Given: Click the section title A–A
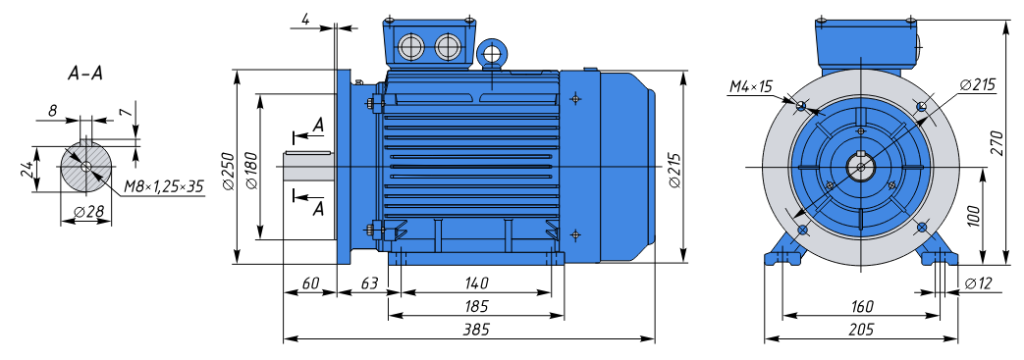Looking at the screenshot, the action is [x=85, y=74].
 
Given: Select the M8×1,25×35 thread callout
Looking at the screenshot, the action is [x=163, y=188].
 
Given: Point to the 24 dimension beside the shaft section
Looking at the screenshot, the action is [x=27, y=170].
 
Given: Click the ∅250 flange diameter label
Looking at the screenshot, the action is [x=228, y=171].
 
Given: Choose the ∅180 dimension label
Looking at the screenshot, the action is [x=253, y=171].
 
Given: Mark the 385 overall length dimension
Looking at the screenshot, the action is [x=477, y=329].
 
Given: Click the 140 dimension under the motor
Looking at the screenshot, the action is [x=476, y=283].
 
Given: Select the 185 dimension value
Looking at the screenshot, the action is [x=476, y=306].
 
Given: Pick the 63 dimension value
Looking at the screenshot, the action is [x=370, y=283].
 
